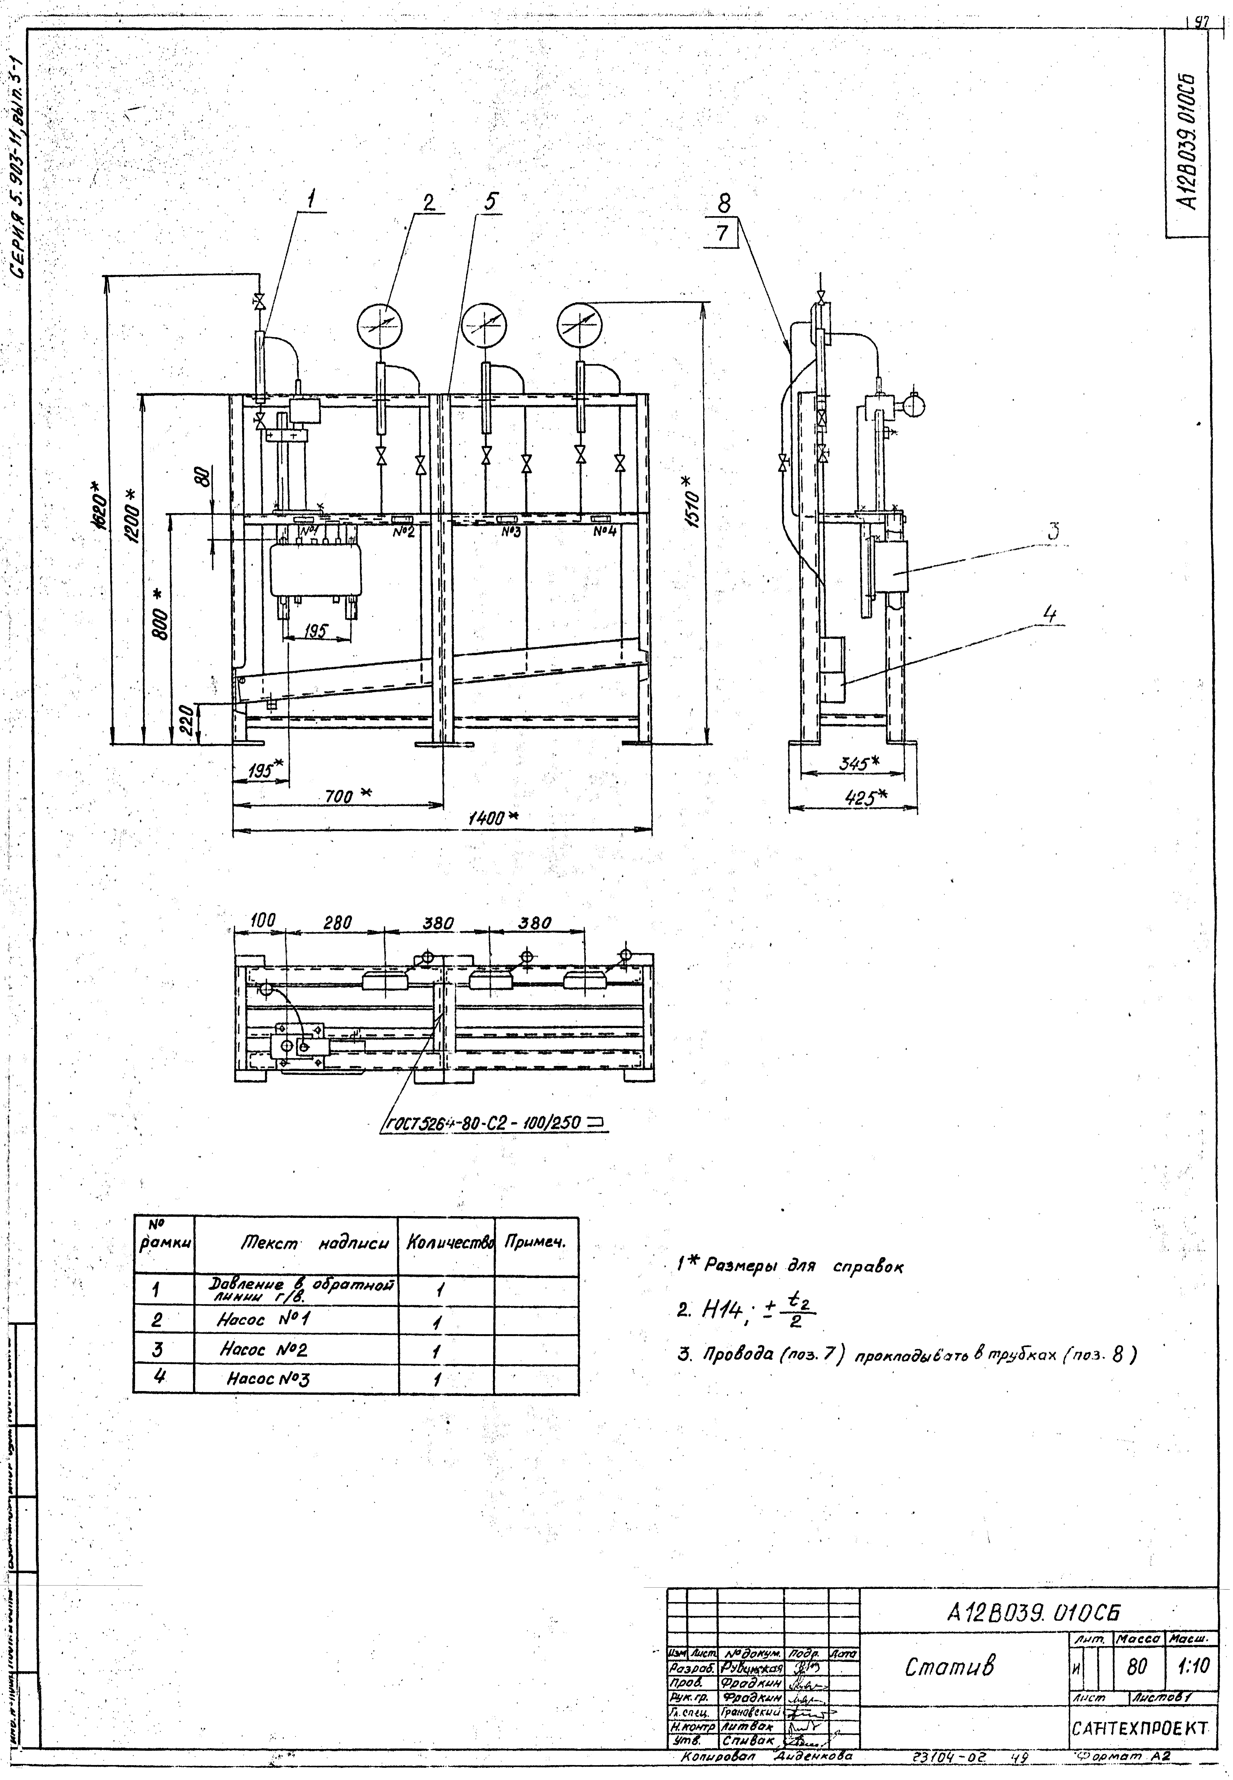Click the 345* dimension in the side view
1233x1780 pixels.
(860, 763)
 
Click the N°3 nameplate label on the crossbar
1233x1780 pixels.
(510, 532)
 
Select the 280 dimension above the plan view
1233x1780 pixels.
(337, 922)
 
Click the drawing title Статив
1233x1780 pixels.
(949, 1666)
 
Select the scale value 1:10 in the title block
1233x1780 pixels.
(1193, 1666)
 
